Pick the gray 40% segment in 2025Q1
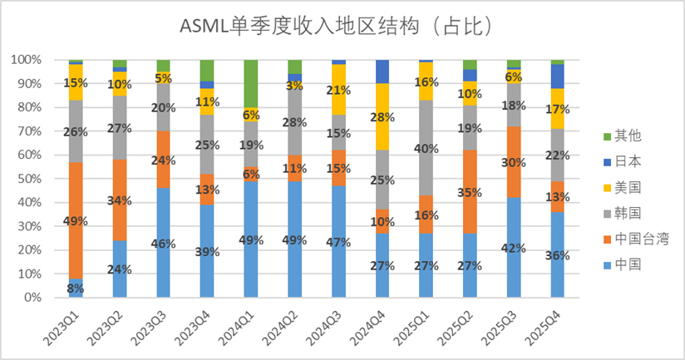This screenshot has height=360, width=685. (x=426, y=148)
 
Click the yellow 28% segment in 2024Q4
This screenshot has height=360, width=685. (x=382, y=116)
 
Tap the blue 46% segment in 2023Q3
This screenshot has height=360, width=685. (x=163, y=243)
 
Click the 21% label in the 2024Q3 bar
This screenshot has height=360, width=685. (x=338, y=90)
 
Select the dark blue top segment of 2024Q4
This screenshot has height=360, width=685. (x=382, y=72)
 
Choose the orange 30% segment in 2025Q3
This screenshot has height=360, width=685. (x=513, y=162)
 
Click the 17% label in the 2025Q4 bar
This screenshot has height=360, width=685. (x=558, y=109)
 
